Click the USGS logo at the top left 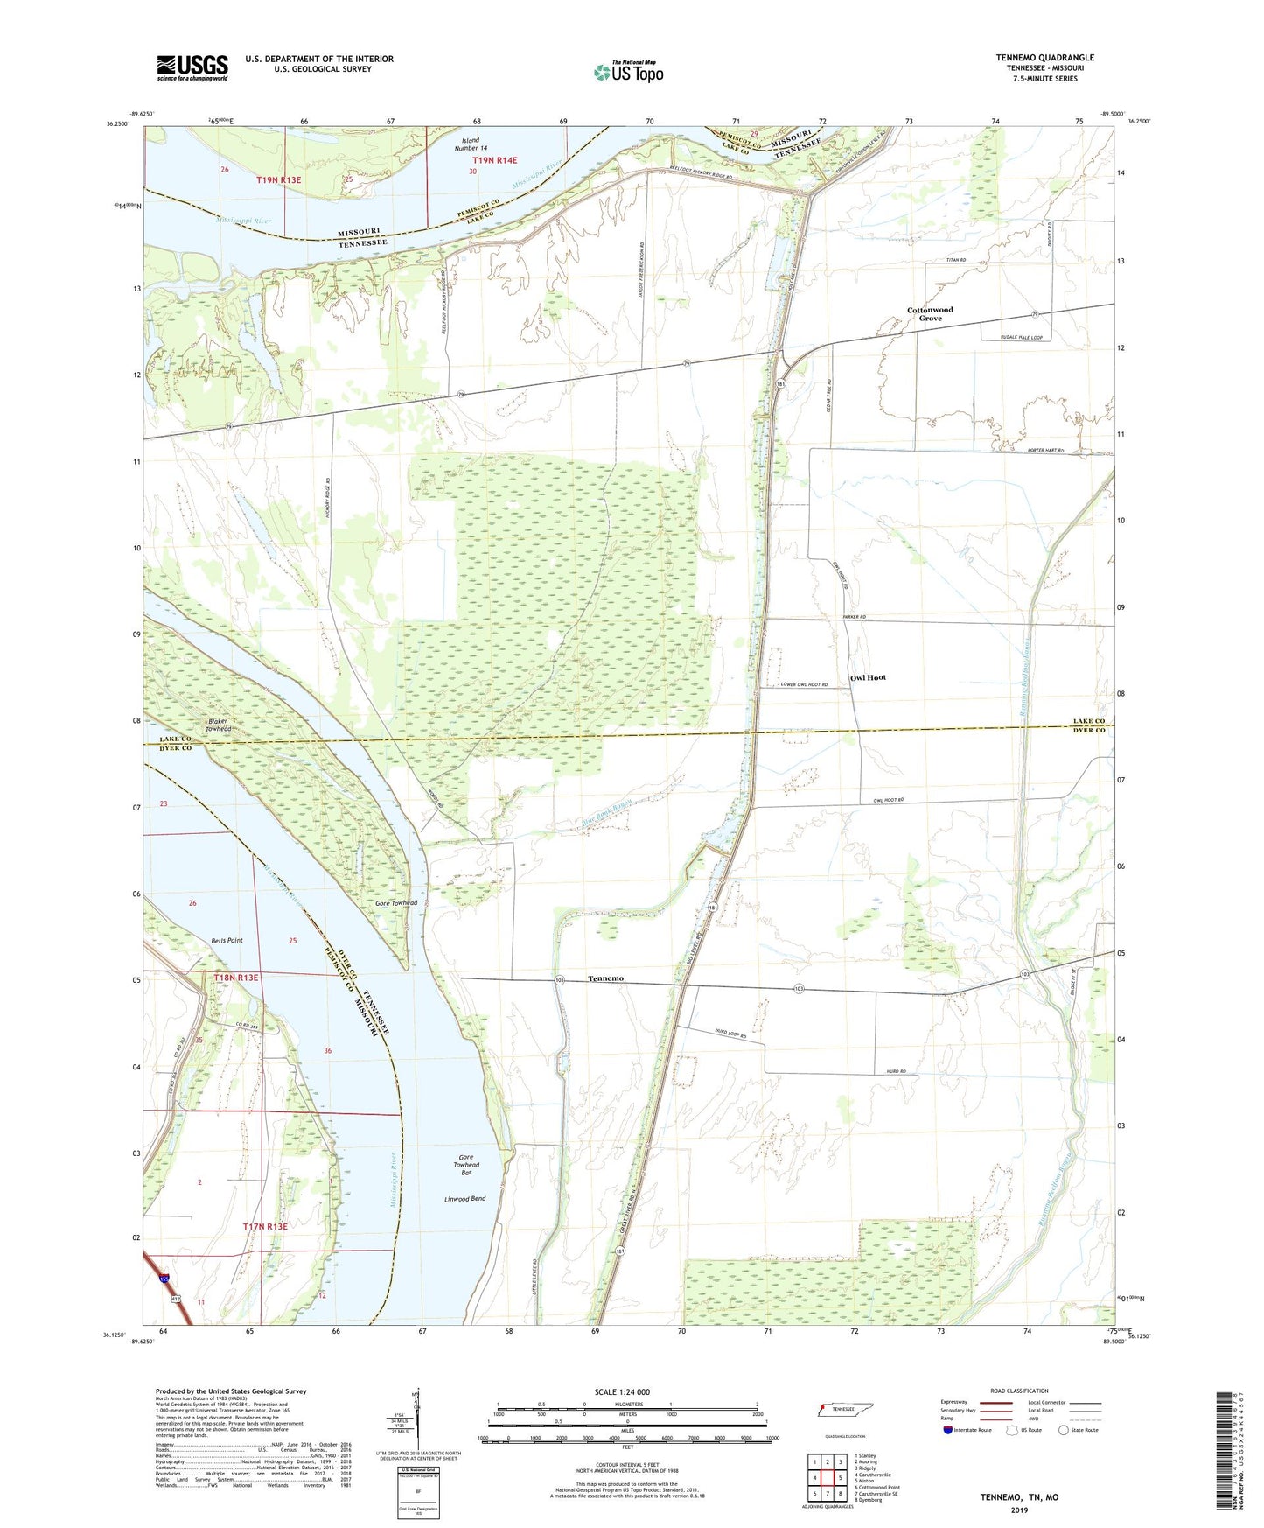point(192,67)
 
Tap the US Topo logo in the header point(628,72)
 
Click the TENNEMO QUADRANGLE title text point(1044,58)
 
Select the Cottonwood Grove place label point(930,314)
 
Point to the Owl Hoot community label point(868,677)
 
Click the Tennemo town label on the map point(606,978)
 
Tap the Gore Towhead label point(396,902)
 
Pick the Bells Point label point(227,940)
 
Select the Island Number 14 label point(471,144)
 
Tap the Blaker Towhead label point(219,725)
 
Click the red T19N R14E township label point(495,160)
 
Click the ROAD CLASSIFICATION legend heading point(1018,1391)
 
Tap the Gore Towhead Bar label point(466,1165)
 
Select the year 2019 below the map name point(1019,1510)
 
